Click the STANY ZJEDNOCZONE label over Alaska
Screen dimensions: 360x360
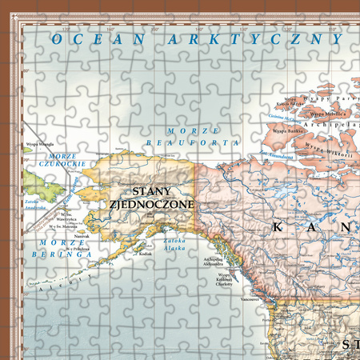click(x=152, y=198)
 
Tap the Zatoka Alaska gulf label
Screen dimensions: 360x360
click(x=174, y=242)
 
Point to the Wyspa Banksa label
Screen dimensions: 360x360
click(x=286, y=130)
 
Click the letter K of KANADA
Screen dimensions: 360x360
click(x=278, y=227)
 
